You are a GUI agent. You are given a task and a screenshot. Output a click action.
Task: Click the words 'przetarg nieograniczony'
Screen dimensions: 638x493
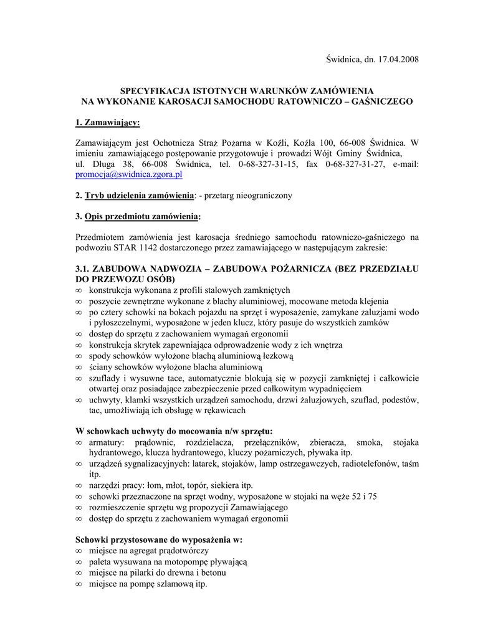tap(250, 196)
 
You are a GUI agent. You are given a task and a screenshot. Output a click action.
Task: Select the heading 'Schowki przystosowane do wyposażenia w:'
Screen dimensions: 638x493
tap(158, 540)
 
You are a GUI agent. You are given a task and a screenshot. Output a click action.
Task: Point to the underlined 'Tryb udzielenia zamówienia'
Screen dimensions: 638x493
tap(139, 196)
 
